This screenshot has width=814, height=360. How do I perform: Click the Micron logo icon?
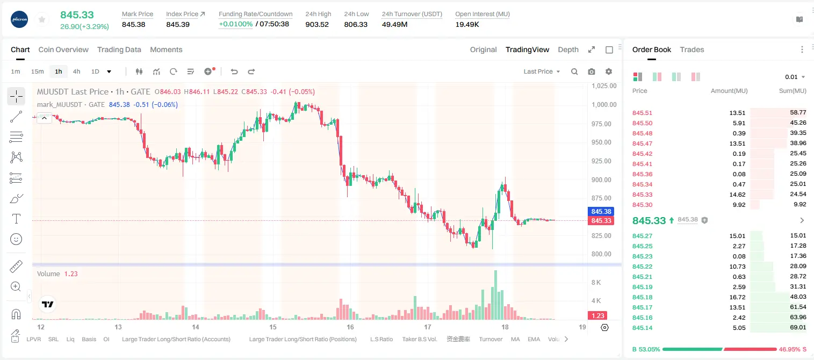coord(19,19)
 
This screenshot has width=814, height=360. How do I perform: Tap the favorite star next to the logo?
coord(42,19)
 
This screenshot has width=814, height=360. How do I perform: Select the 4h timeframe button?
coord(76,71)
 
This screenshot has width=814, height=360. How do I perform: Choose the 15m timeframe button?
coord(38,71)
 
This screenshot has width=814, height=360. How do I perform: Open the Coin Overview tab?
coord(63,49)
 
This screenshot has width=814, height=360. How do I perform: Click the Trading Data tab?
coord(119,49)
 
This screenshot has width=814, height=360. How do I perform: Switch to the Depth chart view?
coord(568,49)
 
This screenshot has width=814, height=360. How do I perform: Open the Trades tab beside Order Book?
coord(692,49)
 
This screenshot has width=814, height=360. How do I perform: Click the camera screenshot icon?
coord(592,71)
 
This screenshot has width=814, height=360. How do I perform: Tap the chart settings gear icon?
coord(609,71)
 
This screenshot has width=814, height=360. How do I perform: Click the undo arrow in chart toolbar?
coord(234,71)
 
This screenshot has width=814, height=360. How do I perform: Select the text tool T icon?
coord(16,219)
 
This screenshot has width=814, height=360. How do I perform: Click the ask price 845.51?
coord(642,113)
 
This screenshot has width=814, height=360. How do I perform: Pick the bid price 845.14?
coord(642,328)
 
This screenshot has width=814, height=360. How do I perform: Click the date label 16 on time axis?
coord(350,327)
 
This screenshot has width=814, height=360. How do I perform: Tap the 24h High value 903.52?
coord(317,24)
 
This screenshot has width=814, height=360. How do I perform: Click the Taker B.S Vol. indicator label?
coord(419,339)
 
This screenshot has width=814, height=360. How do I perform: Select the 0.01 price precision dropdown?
coord(795,77)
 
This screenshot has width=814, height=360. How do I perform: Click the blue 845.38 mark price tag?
coord(601,211)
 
